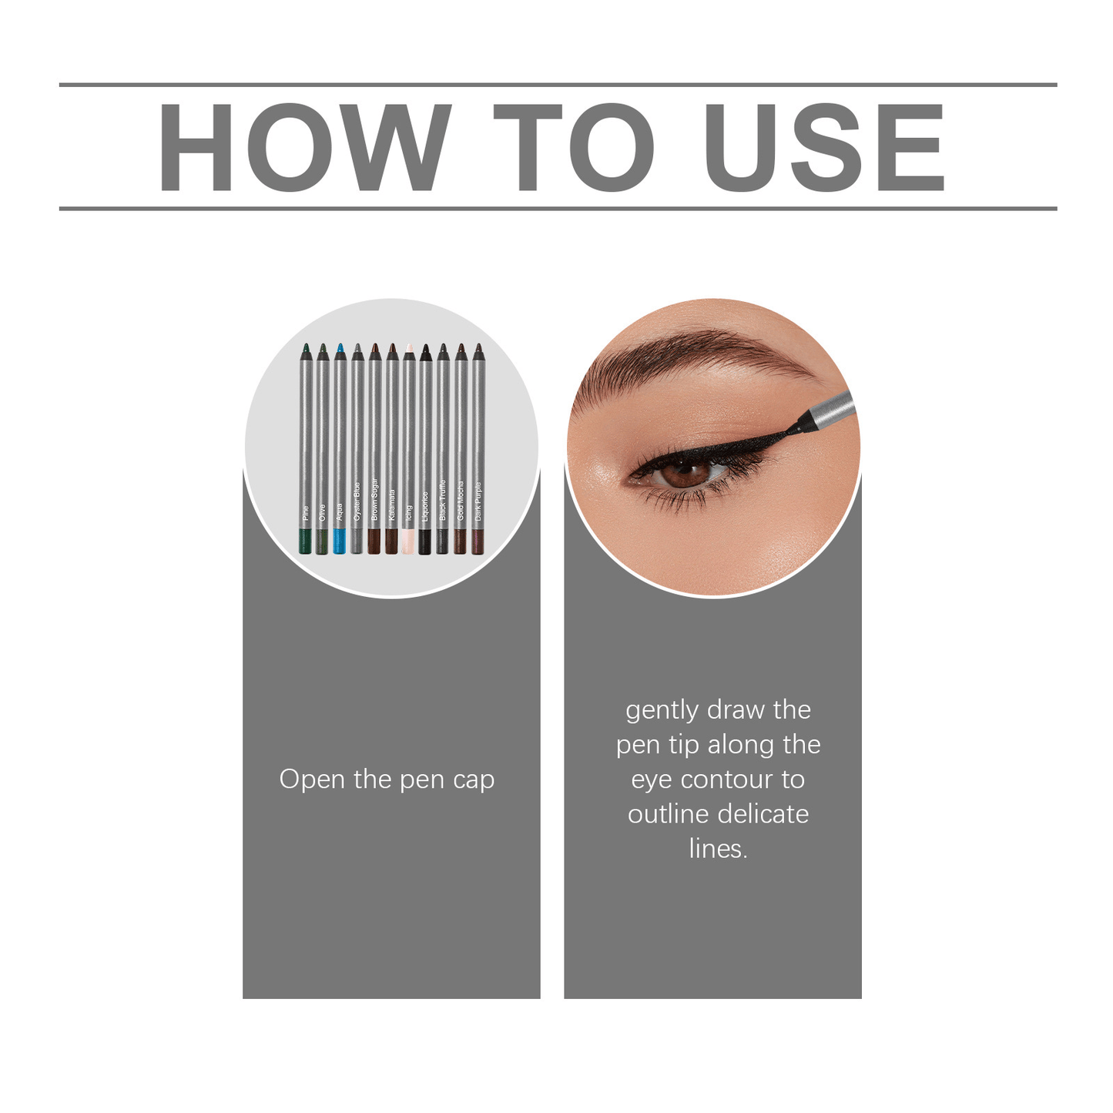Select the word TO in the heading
click(x=574, y=146)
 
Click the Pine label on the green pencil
click(x=306, y=512)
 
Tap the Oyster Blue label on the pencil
click(x=357, y=501)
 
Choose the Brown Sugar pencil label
click(x=375, y=499)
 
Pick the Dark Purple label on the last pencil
click(x=478, y=501)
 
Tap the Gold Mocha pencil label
click(x=461, y=501)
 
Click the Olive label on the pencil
click(x=323, y=512)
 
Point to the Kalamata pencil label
click(x=392, y=505)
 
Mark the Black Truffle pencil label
click(x=443, y=500)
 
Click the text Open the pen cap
click(x=387, y=779)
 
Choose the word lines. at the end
click(x=718, y=849)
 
